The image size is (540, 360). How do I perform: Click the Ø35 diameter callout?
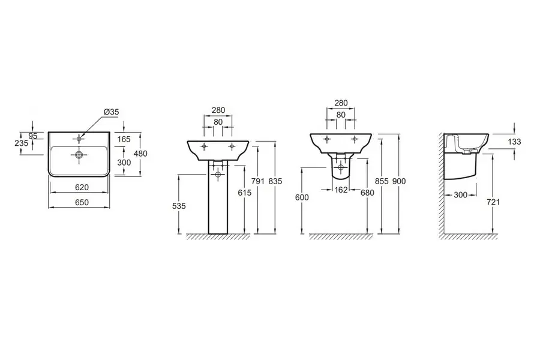coord(111,112)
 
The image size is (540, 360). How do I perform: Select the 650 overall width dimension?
coord(82,202)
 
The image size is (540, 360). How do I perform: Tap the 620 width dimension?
coord(82,187)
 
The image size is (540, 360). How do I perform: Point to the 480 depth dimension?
coord(140,154)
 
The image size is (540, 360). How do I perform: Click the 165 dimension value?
coord(124,139)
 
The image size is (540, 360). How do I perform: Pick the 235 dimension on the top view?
coord(22,143)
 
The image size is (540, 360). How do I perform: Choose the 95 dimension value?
coord(33,136)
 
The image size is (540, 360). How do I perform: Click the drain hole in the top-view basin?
coord(79,154)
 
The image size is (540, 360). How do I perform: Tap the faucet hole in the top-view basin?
coord(79,139)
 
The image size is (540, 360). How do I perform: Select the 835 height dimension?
coord(275,181)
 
